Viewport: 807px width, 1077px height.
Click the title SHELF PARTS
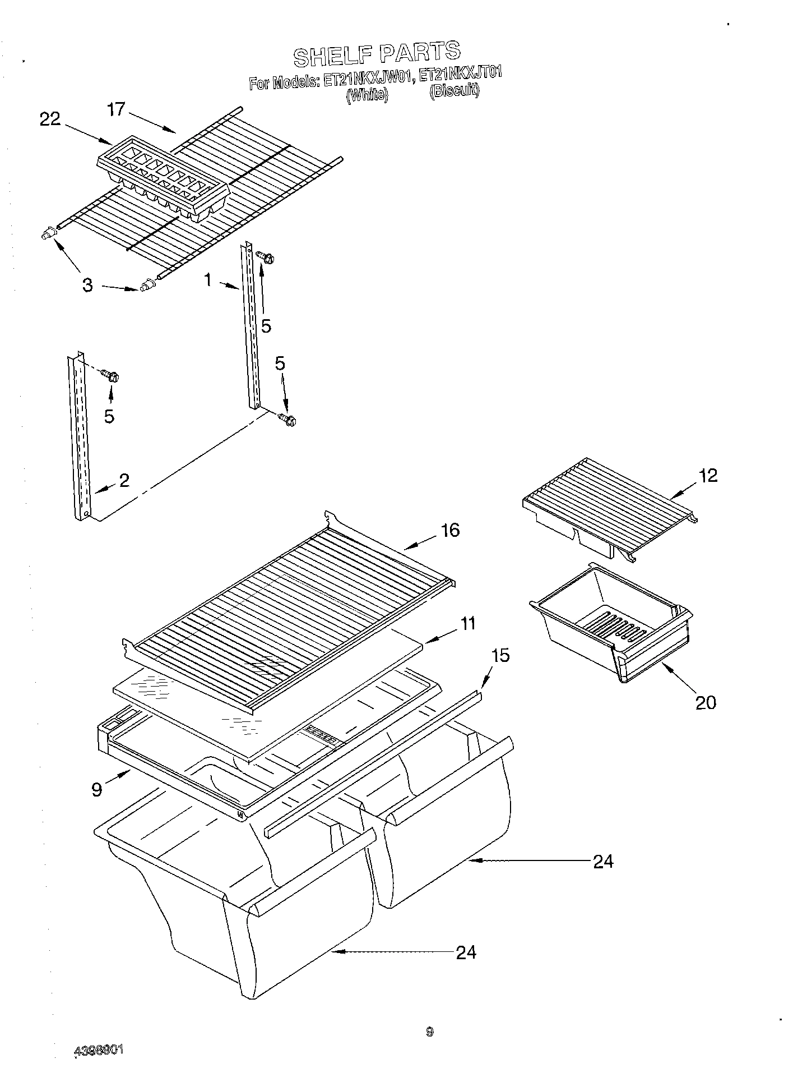click(377, 53)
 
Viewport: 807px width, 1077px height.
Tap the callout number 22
click(50, 119)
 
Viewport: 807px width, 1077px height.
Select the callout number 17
click(116, 109)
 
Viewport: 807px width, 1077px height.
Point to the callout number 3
click(87, 285)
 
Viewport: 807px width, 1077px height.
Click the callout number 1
click(208, 279)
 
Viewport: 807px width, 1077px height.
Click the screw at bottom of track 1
click(288, 419)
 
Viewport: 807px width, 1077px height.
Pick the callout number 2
click(124, 480)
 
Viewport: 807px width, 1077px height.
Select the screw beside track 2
click(112, 376)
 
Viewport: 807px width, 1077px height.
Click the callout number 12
click(708, 476)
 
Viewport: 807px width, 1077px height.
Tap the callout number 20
click(706, 702)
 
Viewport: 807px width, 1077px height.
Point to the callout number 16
click(450, 530)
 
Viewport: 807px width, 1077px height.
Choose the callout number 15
click(500, 655)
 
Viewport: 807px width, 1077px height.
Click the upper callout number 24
click(603, 861)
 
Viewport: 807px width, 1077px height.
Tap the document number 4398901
click(99, 1050)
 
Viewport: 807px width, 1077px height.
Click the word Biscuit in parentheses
click(454, 91)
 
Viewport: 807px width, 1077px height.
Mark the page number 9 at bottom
click(429, 1031)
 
